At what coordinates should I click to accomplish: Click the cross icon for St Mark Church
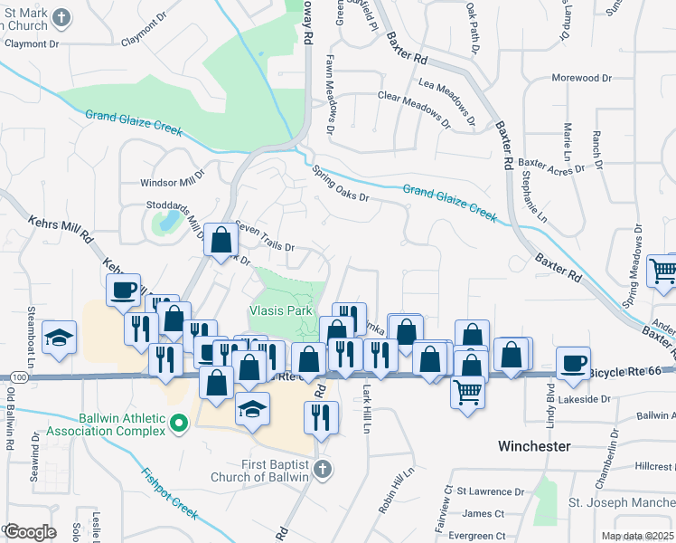click(x=61, y=17)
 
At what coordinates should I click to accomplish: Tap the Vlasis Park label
click(x=280, y=310)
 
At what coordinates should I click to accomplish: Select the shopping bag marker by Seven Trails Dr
click(x=221, y=241)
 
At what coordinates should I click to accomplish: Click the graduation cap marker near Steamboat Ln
click(x=60, y=337)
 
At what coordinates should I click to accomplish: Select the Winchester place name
click(x=534, y=446)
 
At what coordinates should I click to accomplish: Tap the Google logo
click(x=30, y=532)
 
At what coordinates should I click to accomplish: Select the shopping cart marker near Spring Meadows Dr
click(x=663, y=269)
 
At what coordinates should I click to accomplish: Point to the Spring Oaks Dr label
click(x=340, y=183)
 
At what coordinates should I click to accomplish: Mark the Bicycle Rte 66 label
click(x=631, y=371)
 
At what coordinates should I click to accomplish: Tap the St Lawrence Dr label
click(x=490, y=491)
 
